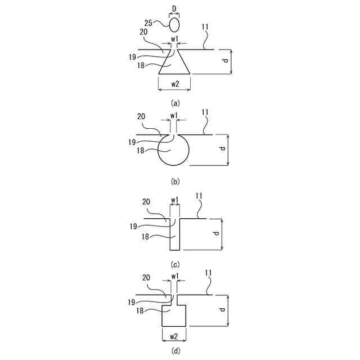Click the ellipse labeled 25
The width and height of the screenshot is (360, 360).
coord(175,24)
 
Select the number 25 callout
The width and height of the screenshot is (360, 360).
coord(149,22)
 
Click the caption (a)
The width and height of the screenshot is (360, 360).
coord(175,103)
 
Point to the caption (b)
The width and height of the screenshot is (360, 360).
coord(175,181)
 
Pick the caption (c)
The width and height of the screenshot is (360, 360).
coord(175,264)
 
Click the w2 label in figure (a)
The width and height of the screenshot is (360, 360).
coord(174,84)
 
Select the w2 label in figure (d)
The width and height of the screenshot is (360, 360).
coord(174,336)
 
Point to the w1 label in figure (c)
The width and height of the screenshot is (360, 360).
coord(174,200)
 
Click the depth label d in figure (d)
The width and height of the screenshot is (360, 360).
coord(223,310)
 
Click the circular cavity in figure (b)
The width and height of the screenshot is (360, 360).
coord(173,151)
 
